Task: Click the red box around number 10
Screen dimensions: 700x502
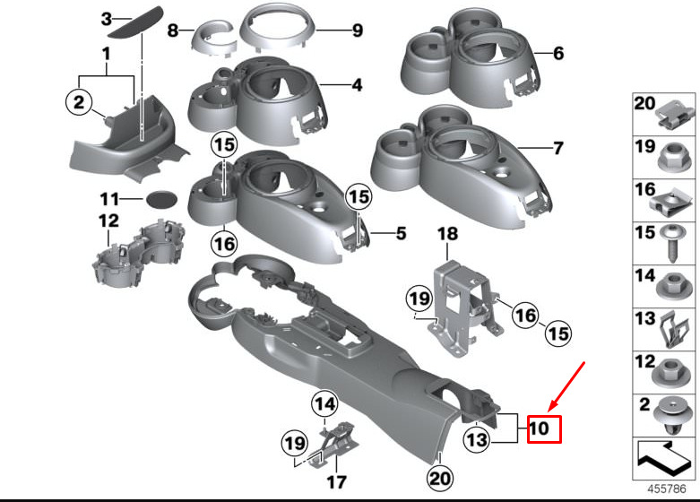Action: (544, 429)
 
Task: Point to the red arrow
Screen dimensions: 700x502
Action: (566, 386)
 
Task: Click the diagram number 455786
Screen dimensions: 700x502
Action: (667, 489)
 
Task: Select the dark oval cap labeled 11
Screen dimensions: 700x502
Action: (161, 199)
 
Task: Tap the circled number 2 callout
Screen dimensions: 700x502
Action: (79, 102)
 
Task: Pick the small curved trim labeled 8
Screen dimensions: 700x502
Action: (214, 39)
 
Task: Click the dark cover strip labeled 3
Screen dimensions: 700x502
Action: (137, 21)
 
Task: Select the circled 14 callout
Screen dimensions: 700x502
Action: (324, 404)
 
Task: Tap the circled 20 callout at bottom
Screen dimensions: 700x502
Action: (439, 479)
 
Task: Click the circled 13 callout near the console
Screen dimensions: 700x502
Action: (477, 440)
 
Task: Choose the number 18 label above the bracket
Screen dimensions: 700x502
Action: (447, 234)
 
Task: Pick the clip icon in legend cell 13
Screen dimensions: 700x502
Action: (674, 330)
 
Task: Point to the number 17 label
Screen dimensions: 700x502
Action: (336, 482)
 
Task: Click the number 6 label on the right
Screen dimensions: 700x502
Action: (558, 54)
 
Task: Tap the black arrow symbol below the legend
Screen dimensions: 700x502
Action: (663, 459)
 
